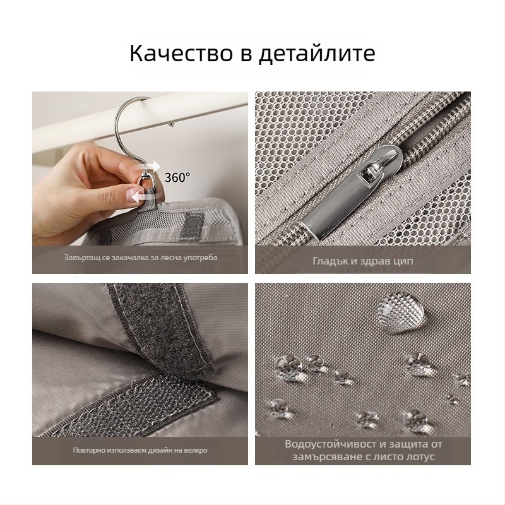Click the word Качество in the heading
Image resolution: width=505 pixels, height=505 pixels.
pos(181,53)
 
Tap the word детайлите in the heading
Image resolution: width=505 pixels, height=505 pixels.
pos(317,54)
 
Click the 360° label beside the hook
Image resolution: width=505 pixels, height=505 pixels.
pos(177,177)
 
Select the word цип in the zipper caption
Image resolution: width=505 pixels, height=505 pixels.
pos(403,261)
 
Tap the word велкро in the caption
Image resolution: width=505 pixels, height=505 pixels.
pos(196,450)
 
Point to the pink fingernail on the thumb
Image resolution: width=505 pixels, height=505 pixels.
pos(132,196)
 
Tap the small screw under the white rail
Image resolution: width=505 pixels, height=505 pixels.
pos(172,124)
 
